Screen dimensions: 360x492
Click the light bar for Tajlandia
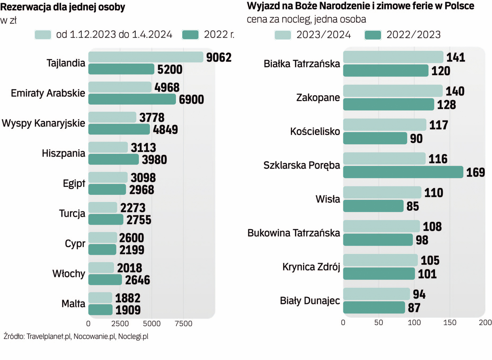click(x=146, y=57)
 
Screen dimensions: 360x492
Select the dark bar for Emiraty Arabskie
click(x=132, y=99)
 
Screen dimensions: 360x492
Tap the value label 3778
click(x=152, y=117)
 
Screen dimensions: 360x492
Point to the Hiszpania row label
click(x=63, y=153)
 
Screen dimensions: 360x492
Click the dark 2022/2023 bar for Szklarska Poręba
click(x=403, y=172)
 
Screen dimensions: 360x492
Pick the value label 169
click(x=475, y=172)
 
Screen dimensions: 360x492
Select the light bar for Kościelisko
click(x=385, y=125)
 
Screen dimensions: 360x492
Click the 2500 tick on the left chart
click(x=120, y=323)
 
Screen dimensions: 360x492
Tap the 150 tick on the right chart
click(x=450, y=322)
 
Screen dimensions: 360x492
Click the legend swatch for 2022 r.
click(x=190, y=35)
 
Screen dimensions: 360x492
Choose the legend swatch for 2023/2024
click(x=283, y=35)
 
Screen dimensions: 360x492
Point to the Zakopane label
click(x=318, y=98)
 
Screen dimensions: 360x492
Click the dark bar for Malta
click(x=100, y=310)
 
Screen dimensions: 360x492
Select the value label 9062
click(x=218, y=57)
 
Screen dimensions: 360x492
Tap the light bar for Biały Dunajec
click(x=376, y=294)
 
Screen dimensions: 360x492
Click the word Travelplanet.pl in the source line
click(x=49, y=336)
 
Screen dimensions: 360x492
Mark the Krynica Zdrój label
click(x=311, y=267)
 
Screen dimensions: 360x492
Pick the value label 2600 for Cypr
click(x=131, y=238)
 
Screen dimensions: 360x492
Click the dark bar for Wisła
click(x=373, y=206)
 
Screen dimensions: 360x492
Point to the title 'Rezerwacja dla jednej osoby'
click(x=63, y=7)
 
